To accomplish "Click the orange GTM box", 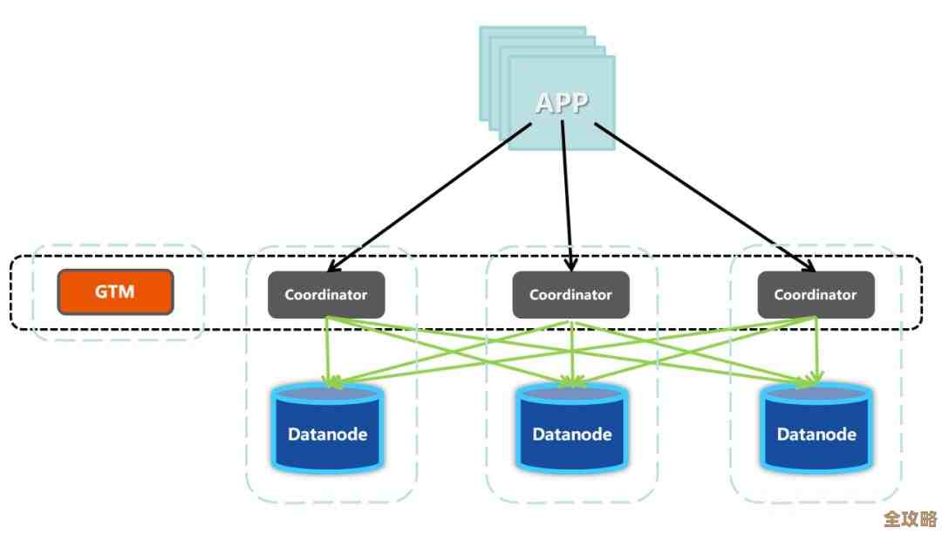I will point(115,292).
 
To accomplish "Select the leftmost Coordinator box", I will point(326,294).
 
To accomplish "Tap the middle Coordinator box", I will point(570,294).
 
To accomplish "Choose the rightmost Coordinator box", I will point(816,294).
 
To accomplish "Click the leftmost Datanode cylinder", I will point(327,428).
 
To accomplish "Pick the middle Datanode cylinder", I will point(571,428).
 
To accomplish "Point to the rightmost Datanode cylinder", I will point(816,428).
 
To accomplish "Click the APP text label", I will point(562,103).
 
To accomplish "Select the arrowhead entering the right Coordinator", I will point(808,265).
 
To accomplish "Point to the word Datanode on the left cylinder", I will point(327,434).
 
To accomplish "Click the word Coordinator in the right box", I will point(816,295).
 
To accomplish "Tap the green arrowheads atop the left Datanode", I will point(329,381).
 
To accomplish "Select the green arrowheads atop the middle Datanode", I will point(571,381).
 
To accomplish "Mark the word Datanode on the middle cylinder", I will point(571,434).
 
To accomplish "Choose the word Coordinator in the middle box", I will point(570,295).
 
